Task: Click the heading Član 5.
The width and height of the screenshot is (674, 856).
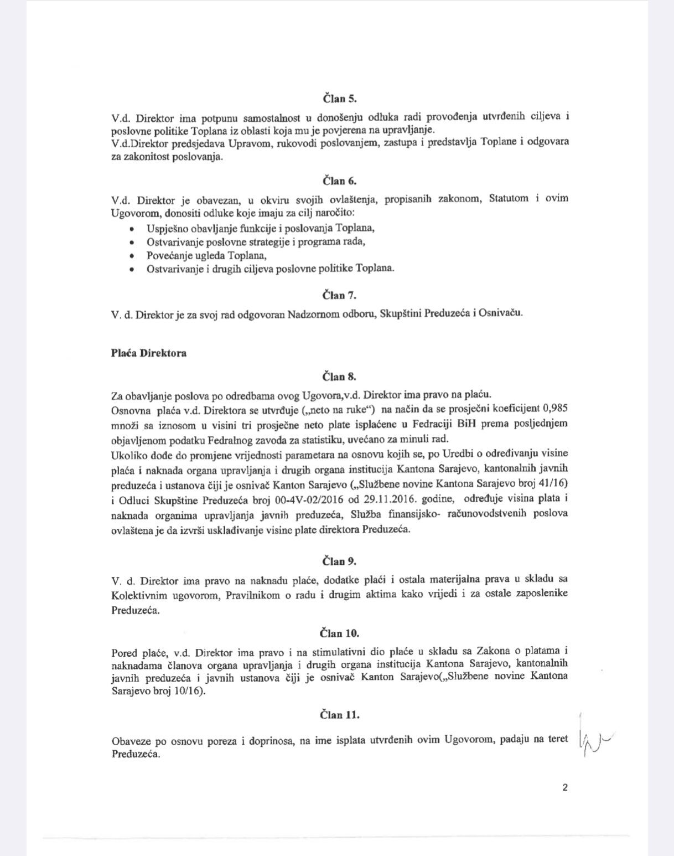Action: point(340,100)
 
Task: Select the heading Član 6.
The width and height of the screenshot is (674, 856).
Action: point(340,181)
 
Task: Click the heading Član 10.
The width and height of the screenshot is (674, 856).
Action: point(340,633)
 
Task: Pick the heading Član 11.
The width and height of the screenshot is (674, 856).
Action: point(340,714)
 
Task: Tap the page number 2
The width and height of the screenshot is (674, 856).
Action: point(565,788)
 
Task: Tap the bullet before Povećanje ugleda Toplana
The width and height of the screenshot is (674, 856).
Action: point(131,256)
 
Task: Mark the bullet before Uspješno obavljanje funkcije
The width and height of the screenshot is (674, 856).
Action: point(131,229)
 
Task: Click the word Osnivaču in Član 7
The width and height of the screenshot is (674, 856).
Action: point(501,313)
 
